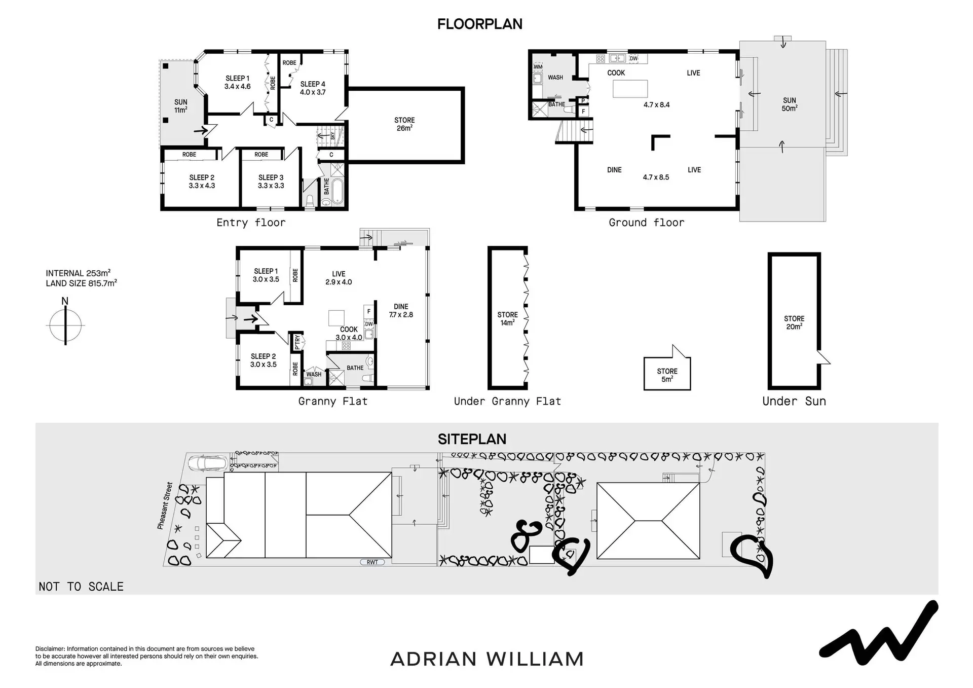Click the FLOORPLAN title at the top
coord(480,24)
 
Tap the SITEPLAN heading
coord(472,439)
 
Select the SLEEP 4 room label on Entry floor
coord(313,88)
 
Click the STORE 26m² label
coord(404,124)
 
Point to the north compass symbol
coord(65,321)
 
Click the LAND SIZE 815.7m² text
coord(82,283)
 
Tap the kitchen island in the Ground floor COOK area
coord(630,89)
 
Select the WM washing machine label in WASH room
coord(538,67)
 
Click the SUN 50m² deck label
coord(790,104)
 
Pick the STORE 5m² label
coord(667,375)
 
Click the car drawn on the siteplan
coord(206,463)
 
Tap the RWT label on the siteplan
coord(372,562)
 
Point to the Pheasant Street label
coord(165,506)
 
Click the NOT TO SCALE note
coord(81,587)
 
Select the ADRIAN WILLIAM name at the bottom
coord(487,659)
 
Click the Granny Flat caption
coord(333,402)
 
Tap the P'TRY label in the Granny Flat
coord(297,342)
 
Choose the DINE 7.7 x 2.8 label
coord(401,311)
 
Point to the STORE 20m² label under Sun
coord(794,322)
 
